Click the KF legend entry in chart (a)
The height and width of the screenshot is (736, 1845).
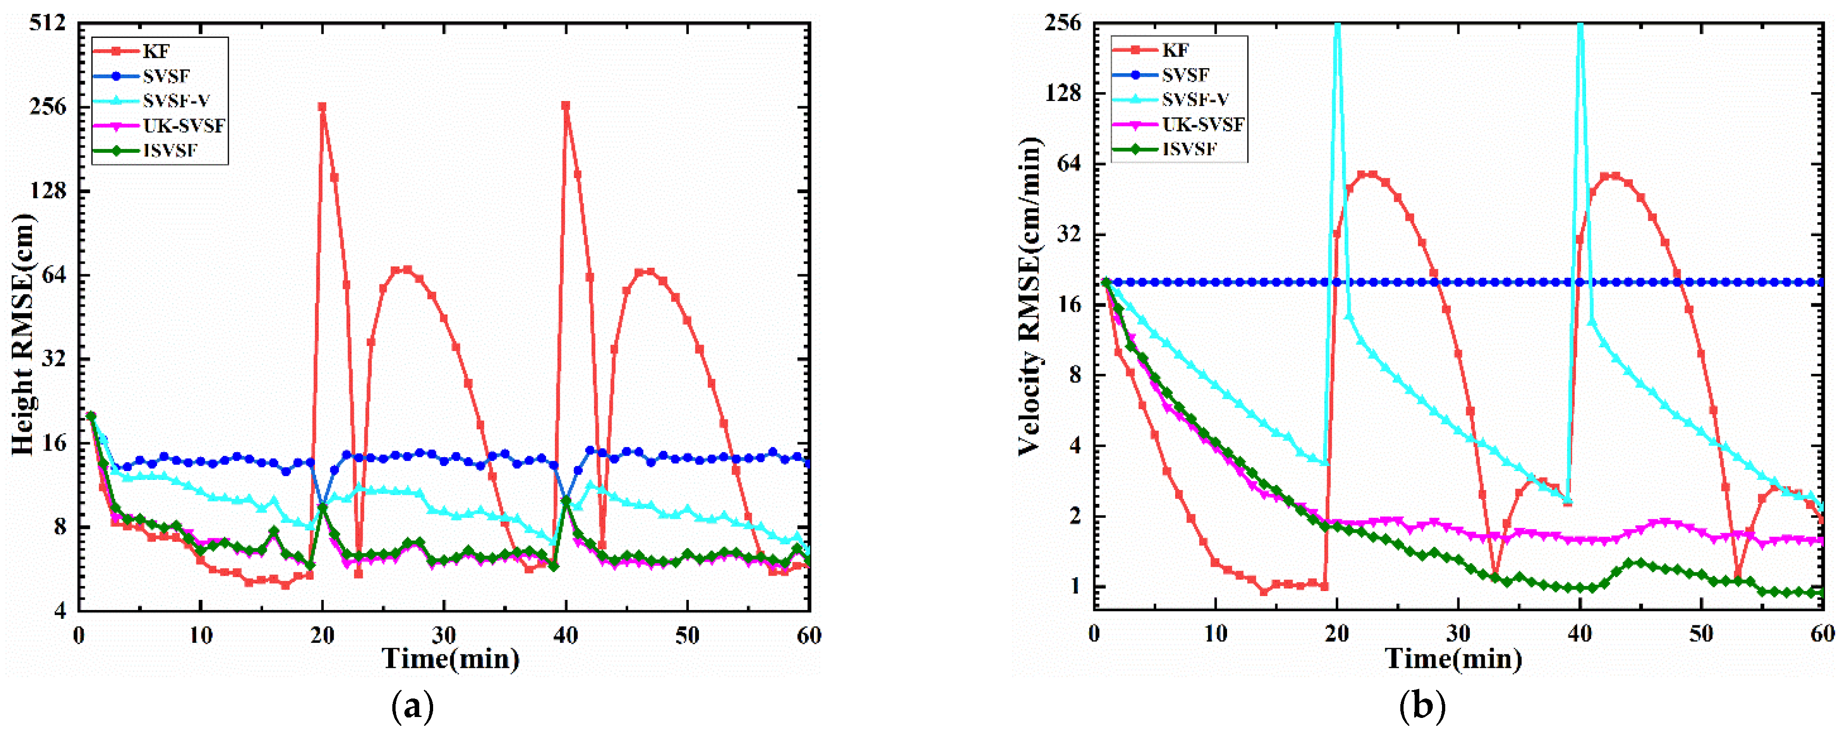pyautogui.click(x=156, y=51)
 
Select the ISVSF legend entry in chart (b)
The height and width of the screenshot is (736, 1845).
pyautogui.click(x=1189, y=149)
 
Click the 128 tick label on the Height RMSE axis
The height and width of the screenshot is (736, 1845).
pyautogui.click(x=47, y=191)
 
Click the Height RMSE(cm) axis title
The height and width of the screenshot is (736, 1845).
pyautogui.click(x=23, y=333)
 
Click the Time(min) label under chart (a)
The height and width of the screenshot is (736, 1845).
pyautogui.click(x=451, y=659)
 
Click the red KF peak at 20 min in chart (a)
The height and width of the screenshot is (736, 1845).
pyautogui.click(x=322, y=107)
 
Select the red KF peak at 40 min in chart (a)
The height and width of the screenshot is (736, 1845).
pyautogui.click(x=566, y=106)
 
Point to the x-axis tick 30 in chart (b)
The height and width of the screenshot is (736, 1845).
pyautogui.click(x=1458, y=634)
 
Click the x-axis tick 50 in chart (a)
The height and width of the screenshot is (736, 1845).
pyautogui.click(x=687, y=635)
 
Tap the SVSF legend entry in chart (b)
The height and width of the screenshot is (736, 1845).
pyautogui.click(x=1185, y=75)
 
